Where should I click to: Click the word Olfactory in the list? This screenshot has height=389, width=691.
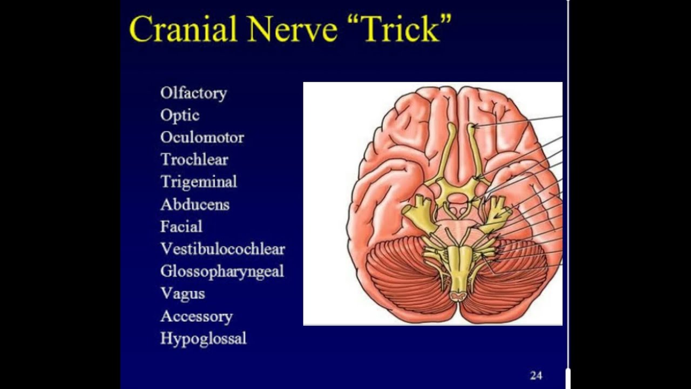193,93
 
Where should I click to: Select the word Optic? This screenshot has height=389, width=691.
180,115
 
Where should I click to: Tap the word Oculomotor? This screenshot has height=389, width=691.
202,137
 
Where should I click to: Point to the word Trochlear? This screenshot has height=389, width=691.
194,159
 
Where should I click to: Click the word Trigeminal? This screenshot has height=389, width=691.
199,182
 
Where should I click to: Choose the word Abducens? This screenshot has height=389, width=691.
195,204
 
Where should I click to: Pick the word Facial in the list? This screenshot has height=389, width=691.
181,226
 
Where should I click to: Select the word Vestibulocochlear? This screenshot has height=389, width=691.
222,249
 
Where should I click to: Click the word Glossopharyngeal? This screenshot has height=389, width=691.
222,271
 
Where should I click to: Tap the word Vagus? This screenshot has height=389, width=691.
182,293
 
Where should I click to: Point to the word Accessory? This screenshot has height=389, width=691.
197,316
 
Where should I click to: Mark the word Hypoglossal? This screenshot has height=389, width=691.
204,338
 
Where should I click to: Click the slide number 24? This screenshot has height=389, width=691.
536,375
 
